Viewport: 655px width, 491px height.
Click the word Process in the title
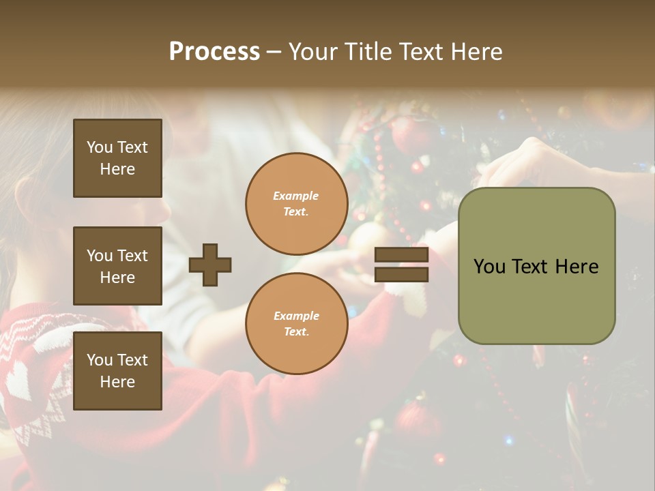tap(214, 52)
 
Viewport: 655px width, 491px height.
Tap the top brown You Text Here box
tap(117, 158)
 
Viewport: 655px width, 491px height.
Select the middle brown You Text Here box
tap(117, 266)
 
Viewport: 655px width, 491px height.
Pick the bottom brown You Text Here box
tap(117, 370)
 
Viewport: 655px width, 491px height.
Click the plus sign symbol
tap(210, 265)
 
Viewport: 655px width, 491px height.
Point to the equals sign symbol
tap(402, 265)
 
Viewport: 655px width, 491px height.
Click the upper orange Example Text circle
tap(296, 203)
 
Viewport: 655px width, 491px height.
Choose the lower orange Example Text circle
tap(296, 323)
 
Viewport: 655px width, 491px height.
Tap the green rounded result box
tap(536, 266)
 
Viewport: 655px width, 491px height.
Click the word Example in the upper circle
tap(295, 196)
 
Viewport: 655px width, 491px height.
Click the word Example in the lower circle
tap(296, 316)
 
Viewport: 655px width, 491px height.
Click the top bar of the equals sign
tap(402, 255)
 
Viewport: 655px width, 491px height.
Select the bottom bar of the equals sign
tap(402, 274)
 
